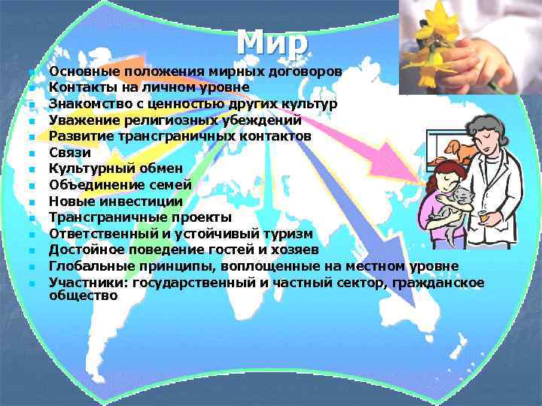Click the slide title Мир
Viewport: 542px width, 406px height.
272,42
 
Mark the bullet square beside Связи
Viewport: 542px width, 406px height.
32,153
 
